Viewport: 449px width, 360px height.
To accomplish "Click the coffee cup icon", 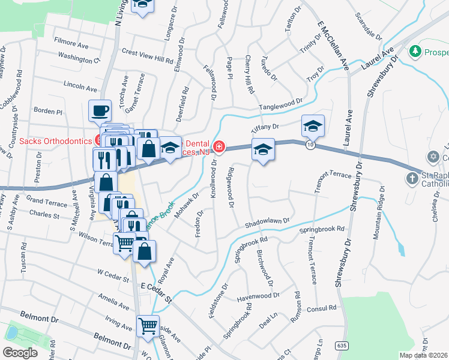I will [100, 110].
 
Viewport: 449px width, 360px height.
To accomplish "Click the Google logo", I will [20, 352].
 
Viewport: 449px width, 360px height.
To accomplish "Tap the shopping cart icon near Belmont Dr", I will [148, 326].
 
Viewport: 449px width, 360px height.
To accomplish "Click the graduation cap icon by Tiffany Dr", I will [313, 126].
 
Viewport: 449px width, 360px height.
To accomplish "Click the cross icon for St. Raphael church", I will [412, 178].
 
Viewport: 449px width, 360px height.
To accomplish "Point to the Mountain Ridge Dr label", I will [379, 213].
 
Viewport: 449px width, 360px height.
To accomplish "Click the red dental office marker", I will [220, 146].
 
